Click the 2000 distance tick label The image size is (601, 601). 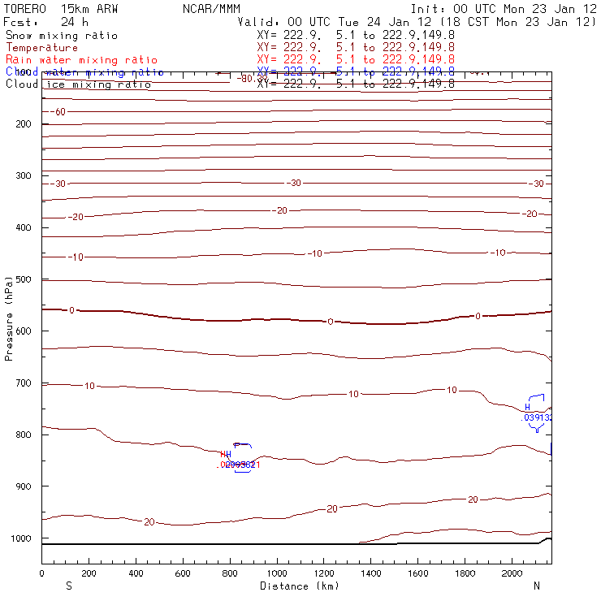[x=512, y=574]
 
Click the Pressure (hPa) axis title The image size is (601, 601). [x=10, y=317]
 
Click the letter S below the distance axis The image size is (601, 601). [x=68, y=586]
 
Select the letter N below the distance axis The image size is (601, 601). [x=537, y=586]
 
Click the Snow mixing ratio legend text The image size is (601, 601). [x=62, y=36]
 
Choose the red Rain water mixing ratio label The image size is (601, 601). [x=81, y=60]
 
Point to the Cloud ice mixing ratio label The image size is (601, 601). [x=78, y=84]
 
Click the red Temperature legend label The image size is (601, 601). [x=42, y=48]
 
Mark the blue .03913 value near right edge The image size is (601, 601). [x=538, y=417]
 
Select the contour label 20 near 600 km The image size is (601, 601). [x=149, y=521]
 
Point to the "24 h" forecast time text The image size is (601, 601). [x=75, y=22]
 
